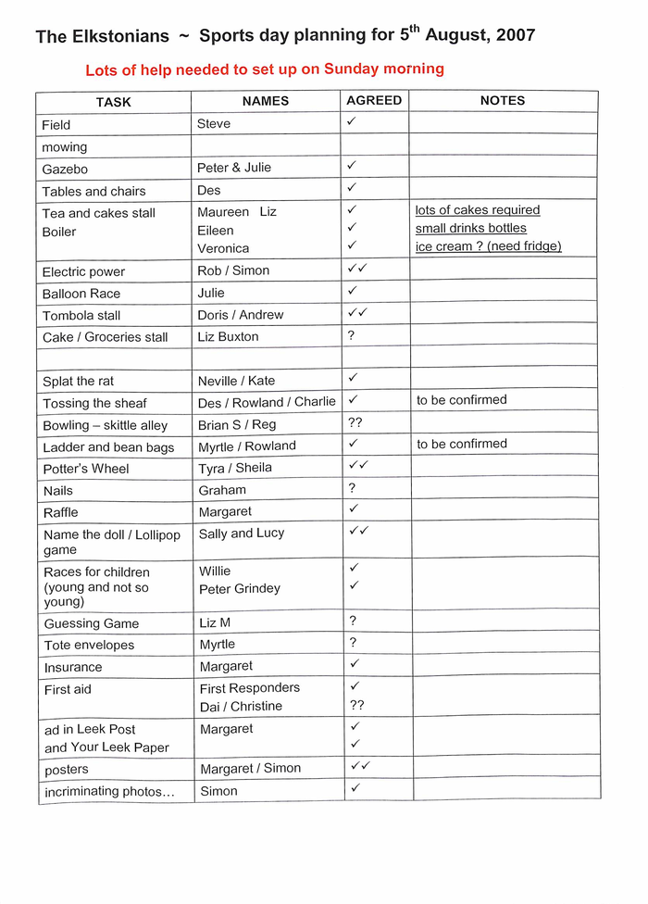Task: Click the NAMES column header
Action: click(266, 101)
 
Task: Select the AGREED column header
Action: click(374, 100)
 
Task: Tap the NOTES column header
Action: click(503, 100)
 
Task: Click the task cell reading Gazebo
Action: click(65, 169)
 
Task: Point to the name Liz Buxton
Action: click(228, 336)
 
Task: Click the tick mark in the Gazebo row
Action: click(352, 165)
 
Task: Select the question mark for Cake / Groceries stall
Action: click(351, 335)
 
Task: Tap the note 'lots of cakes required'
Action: click(477, 210)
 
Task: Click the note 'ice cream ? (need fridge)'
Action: click(488, 246)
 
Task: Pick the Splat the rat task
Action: click(79, 381)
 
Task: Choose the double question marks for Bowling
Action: click(355, 422)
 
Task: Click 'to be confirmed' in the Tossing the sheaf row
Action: click(462, 400)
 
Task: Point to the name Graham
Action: click(222, 490)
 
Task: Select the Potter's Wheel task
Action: click(86, 469)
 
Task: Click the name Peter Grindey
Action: click(240, 588)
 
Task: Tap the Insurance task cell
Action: click(73, 667)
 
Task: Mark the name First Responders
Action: click(250, 687)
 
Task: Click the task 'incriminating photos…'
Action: click(109, 791)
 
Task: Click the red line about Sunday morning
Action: click(265, 69)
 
